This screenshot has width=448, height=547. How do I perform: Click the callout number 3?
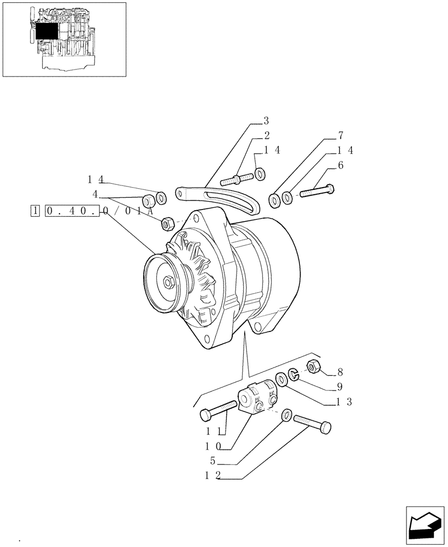[x=267, y=121]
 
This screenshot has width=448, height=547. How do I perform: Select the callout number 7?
[x=340, y=135]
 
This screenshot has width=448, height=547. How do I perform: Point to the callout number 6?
[x=340, y=166]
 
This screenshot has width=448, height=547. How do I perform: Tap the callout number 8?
[x=340, y=373]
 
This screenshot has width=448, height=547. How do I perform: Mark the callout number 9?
[x=340, y=387]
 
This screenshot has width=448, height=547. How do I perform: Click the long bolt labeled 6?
[x=317, y=191]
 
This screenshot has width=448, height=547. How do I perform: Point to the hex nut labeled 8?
[x=314, y=367]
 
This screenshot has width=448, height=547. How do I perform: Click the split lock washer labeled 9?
[x=293, y=374]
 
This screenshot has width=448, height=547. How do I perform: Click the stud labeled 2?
[x=236, y=178]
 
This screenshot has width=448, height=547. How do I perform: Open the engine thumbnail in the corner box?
[x=64, y=39]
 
